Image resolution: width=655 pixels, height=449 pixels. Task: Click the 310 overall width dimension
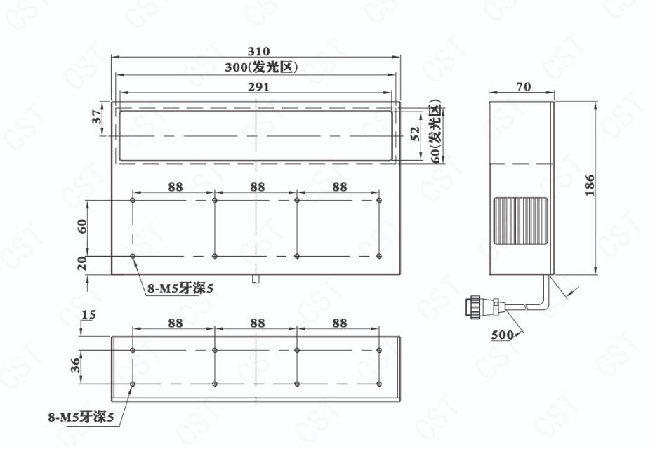pyautogui.click(x=258, y=51)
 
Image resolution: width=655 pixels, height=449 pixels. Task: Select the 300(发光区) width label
pyautogui.click(x=261, y=67)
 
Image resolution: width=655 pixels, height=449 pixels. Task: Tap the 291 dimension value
pyautogui.click(x=258, y=87)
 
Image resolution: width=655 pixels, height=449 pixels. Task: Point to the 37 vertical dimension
pyautogui.click(x=97, y=116)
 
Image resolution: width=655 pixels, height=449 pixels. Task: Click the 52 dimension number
pyautogui.click(x=416, y=134)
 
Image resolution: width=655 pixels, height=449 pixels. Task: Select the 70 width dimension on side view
pyautogui.click(x=524, y=86)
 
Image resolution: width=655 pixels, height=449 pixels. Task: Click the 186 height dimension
pyautogui.click(x=590, y=185)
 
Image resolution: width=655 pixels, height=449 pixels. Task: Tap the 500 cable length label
pyautogui.click(x=503, y=335)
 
